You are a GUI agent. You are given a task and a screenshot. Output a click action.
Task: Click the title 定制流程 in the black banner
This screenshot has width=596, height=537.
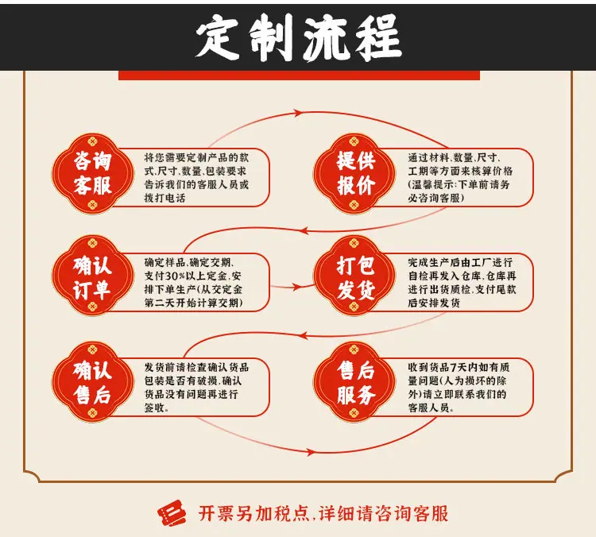coord(299,37)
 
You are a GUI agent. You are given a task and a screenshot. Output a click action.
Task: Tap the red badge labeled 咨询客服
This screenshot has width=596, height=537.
coord(93,173)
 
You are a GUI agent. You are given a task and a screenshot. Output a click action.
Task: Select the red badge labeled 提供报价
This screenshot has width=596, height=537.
coord(354,173)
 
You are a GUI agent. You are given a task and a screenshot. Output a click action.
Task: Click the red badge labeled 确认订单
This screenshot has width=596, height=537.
coord(93,276)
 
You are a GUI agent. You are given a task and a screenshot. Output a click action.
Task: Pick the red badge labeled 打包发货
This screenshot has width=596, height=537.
coord(354,276)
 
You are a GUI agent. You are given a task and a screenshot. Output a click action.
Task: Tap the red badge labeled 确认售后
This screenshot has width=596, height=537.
coord(93,381)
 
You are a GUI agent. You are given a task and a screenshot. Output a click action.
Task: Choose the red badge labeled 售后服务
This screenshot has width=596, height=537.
coord(354,381)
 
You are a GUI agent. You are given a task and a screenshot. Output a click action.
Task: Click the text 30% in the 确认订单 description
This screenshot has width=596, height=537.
coord(176,276)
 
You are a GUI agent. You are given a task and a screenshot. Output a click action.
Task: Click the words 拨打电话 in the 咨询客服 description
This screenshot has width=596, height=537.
coord(164,198)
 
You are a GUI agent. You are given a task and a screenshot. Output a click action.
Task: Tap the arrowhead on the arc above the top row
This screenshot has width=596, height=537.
coord(298,113)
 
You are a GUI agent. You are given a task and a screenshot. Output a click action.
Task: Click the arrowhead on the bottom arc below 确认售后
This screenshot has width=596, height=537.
coord(310,452)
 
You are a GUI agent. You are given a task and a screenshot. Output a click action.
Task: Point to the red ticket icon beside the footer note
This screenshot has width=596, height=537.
coord(172,512)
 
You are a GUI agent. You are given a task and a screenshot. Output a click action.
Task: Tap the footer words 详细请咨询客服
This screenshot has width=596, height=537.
coord(384,513)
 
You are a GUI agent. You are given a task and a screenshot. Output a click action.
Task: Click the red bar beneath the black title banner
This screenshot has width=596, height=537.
coord(299,75)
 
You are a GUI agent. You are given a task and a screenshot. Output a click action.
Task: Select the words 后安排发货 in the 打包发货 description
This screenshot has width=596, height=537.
coord(434,303)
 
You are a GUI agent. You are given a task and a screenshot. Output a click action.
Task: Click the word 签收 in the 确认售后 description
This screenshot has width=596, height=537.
coord(154,408)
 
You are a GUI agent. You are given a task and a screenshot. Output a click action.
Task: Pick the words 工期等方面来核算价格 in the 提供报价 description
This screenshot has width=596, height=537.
coord(460,171)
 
